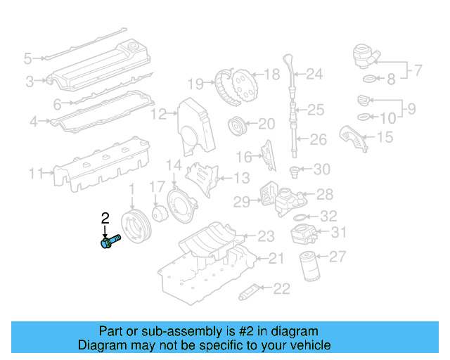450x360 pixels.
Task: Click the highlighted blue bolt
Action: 109,243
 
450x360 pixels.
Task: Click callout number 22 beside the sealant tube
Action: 281,288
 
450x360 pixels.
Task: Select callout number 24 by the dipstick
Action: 314,73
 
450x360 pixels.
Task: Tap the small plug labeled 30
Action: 296,169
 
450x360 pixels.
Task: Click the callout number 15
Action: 385,137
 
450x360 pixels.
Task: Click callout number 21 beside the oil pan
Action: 276,259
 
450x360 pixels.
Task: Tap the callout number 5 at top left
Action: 28,58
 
